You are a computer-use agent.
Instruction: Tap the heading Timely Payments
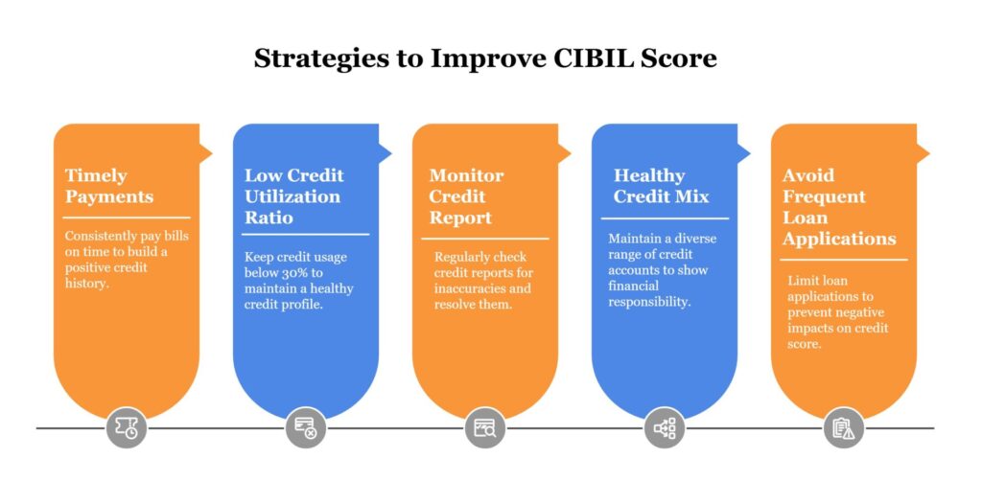tap(109, 186)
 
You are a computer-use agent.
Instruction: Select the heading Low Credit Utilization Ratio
tap(292, 196)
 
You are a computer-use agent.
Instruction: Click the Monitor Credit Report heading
tap(466, 196)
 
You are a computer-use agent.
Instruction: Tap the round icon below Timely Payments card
tap(127, 428)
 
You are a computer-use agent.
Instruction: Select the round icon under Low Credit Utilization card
tap(306, 428)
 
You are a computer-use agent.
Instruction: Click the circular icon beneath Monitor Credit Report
tap(485, 428)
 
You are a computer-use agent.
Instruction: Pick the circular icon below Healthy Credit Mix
tap(665, 428)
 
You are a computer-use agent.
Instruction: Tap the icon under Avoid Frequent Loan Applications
tap(844, 428)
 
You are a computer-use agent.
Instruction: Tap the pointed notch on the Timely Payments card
tap(205, 152)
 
